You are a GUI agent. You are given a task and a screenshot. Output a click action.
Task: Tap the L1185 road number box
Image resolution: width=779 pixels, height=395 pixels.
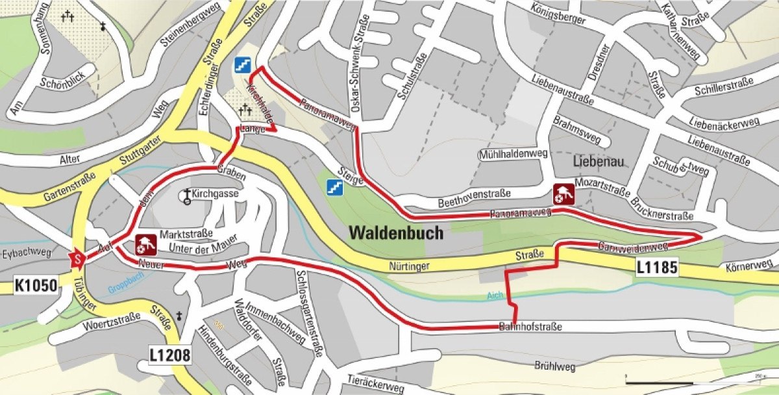tap(657, 267)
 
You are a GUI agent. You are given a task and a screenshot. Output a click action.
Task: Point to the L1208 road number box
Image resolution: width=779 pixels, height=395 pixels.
tap(170, 355)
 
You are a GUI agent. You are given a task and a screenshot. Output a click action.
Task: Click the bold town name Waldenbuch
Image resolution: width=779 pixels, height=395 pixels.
tap(396, 233)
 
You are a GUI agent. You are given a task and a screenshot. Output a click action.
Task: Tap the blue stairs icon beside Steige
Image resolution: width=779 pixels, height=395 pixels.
tap(335, 188)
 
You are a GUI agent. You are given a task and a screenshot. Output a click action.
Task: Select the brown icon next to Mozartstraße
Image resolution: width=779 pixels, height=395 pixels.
tap(562, 194)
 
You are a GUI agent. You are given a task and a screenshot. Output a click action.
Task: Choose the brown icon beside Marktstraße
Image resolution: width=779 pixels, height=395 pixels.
tap(144, 244)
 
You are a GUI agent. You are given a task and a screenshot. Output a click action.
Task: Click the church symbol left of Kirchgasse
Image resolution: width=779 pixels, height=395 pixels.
tap(187, 196)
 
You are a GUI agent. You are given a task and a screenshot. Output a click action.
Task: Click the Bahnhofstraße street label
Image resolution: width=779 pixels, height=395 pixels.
tap(530, 326)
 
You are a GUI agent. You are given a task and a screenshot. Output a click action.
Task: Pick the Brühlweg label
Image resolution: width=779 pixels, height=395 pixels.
tap(556, 366)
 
